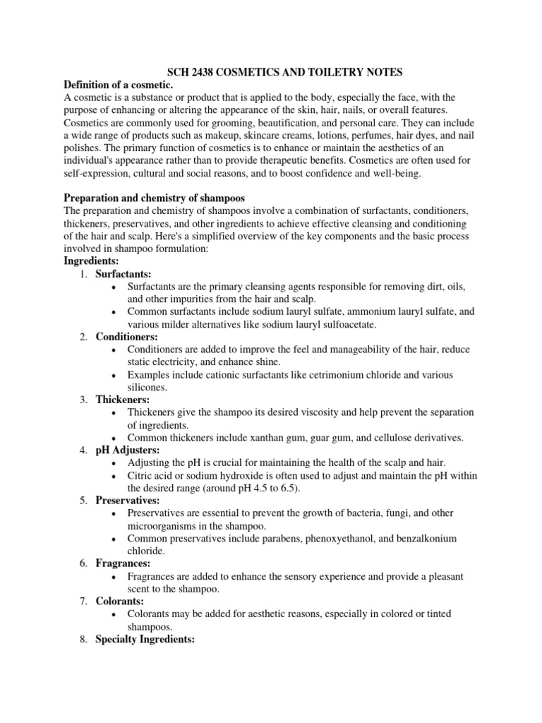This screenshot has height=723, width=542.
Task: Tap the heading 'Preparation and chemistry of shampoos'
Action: click(x=155, y=197)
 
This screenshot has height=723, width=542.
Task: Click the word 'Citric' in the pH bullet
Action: click(x=142, y=475)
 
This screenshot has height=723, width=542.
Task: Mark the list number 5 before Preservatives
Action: click(x=83, y=501)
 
